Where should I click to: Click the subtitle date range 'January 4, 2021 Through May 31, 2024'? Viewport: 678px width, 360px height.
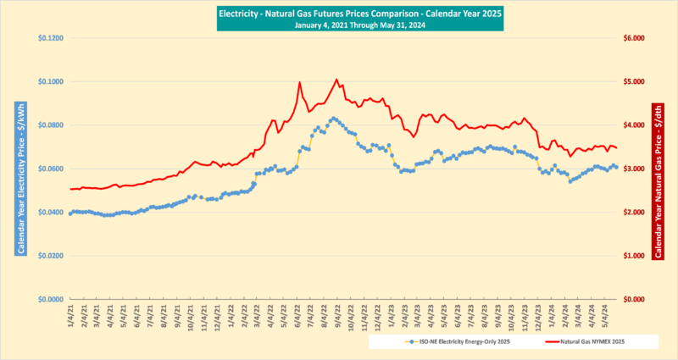tap(339, 25)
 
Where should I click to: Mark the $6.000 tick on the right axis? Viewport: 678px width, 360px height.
tap(635, 38)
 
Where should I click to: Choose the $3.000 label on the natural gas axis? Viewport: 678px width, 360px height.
tap(635, 169)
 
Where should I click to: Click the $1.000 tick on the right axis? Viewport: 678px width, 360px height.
tap(635, 256)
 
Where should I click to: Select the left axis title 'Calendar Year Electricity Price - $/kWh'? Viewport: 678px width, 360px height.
tap(17, 169)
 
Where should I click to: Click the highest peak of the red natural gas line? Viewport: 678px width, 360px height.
tap(336, 80)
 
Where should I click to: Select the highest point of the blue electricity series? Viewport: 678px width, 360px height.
tap(333, 119)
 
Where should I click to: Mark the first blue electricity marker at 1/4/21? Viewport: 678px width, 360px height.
tap(70, 213)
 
